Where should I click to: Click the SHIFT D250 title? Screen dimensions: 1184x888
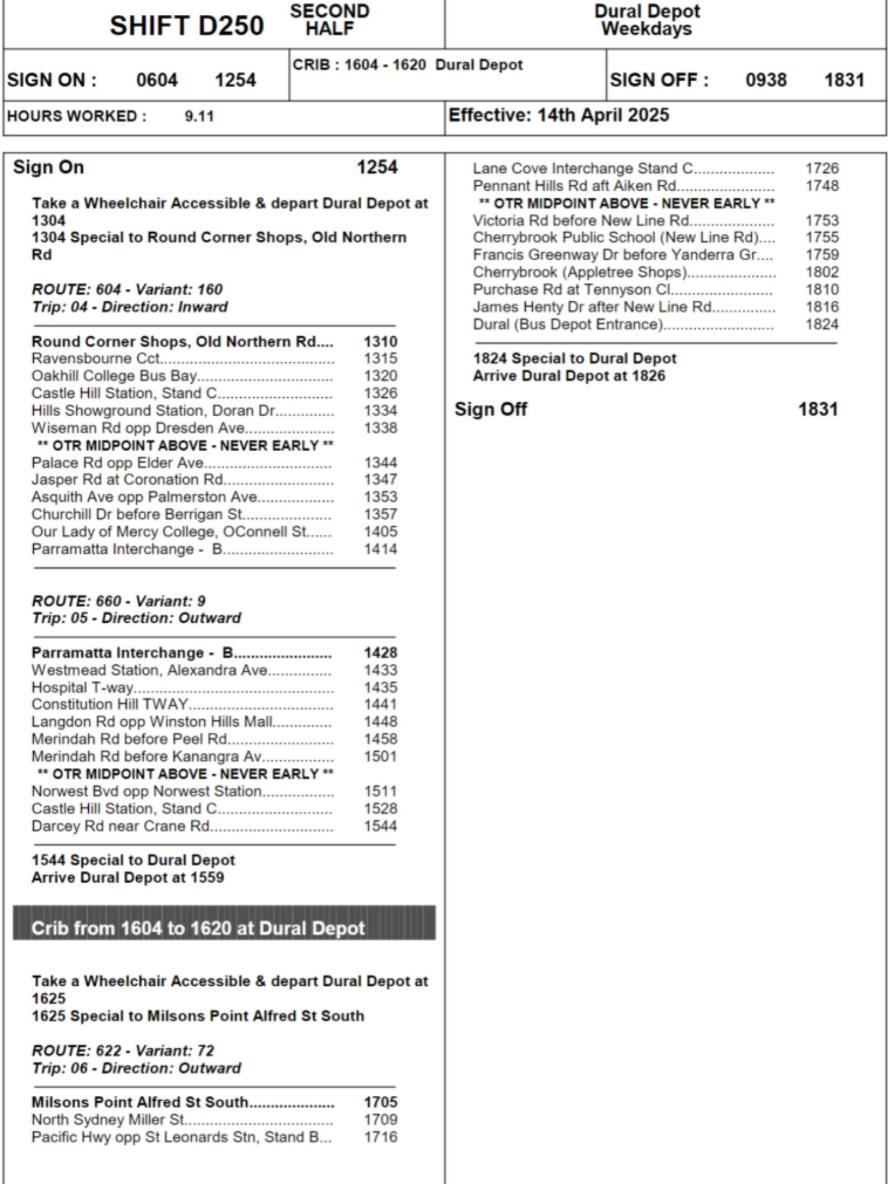186,25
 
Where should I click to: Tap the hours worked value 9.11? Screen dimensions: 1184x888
199,116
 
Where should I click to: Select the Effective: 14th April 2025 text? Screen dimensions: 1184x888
558,115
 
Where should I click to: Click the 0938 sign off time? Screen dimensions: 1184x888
765,80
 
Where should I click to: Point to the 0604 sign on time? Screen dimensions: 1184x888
157,80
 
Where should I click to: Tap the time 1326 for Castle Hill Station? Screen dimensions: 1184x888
380,393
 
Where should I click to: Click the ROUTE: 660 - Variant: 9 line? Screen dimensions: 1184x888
118,601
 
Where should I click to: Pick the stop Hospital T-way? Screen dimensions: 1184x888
83,687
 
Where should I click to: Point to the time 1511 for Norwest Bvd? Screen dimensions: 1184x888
380,792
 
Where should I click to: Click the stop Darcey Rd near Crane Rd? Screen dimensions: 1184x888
121,826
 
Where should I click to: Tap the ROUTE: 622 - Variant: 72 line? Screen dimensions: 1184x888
123,1051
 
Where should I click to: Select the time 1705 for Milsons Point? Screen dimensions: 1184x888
380,1102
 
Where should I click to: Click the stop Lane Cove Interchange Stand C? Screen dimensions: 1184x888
583,169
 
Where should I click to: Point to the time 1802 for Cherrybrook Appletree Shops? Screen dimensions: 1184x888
822,272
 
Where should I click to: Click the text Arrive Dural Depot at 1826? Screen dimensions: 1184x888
569,376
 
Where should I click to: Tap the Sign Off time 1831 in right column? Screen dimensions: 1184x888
818,409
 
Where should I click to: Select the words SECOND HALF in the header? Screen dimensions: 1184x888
329,20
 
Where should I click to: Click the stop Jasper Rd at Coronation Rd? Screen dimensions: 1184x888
127,480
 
